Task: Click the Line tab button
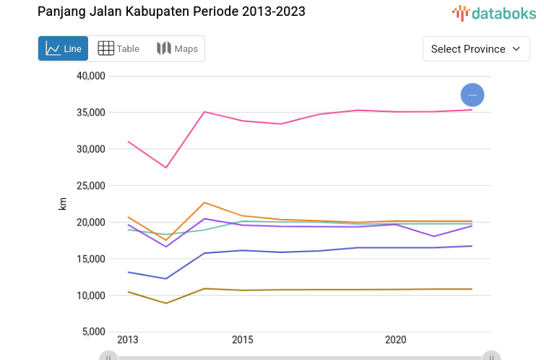(63, 48)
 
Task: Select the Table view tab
(118, 48)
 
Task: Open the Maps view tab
(177, 48)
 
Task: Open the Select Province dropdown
(475, 48)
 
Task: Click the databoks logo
(494, 12)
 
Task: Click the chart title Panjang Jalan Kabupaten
(170, 12)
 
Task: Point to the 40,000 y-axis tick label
(91, 76)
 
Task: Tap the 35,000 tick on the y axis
(91, 113)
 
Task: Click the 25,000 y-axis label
(91, 186)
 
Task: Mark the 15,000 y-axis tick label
(91, 259)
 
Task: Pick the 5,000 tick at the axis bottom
(93, 332)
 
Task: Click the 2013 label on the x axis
(128, 340)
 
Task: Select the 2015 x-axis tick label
(242, 340)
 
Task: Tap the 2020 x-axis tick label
(395, 340)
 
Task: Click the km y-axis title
(63, 204)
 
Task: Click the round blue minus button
(472, 95)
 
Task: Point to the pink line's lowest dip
(166, 168)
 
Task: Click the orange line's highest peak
(204, 202)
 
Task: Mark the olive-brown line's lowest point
(166, 303)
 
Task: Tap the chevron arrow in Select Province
(516, 48)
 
